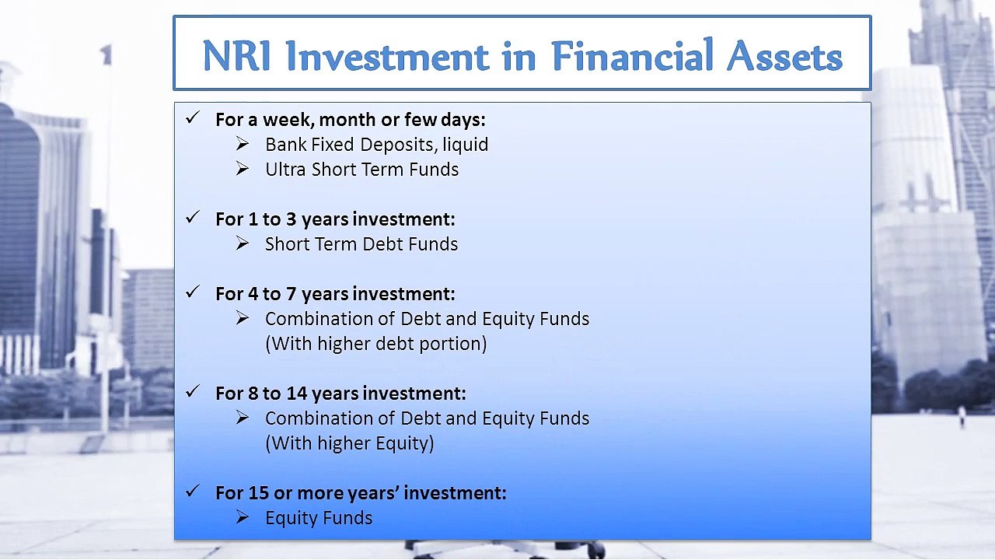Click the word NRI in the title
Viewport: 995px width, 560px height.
pyautogui.click(x=236, y=56)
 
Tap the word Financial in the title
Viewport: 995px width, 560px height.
pyautogui.click(x=633, y=55)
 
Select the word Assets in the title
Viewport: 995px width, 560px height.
pyautogui.click(x=784, y=57)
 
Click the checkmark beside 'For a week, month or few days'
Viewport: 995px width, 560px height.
pyautogui.click(x=194, y=117)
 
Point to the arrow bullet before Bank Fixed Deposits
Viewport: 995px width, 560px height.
pyautogui.click(x=242, y=144)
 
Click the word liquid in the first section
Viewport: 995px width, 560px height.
pyautogui.click(x=465, y=145)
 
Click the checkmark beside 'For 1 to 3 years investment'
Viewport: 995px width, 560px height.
pyautogui.click(x=194, y=217)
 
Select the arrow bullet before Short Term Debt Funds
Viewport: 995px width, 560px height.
pyautogui.click(x=242, y=243)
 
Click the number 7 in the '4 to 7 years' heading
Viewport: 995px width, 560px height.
pyautogui.click(x=291, y=294)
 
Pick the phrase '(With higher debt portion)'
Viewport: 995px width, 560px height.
pyautogui.click(x=375, y=344)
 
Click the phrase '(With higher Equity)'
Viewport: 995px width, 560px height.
pyautogui.click(x=350, y=443)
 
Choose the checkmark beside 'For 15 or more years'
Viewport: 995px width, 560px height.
pyautogui.click(x=194, y=491)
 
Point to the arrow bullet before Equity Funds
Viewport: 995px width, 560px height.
pyautogui.click(x=242, y=517)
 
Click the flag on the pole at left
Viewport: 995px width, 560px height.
pyautogui.click(x=106, y=54)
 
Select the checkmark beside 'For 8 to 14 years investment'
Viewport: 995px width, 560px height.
pyautogui.click(x=194, y=391)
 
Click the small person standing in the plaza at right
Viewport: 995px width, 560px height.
pyautogui.click(x=962, y=417)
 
